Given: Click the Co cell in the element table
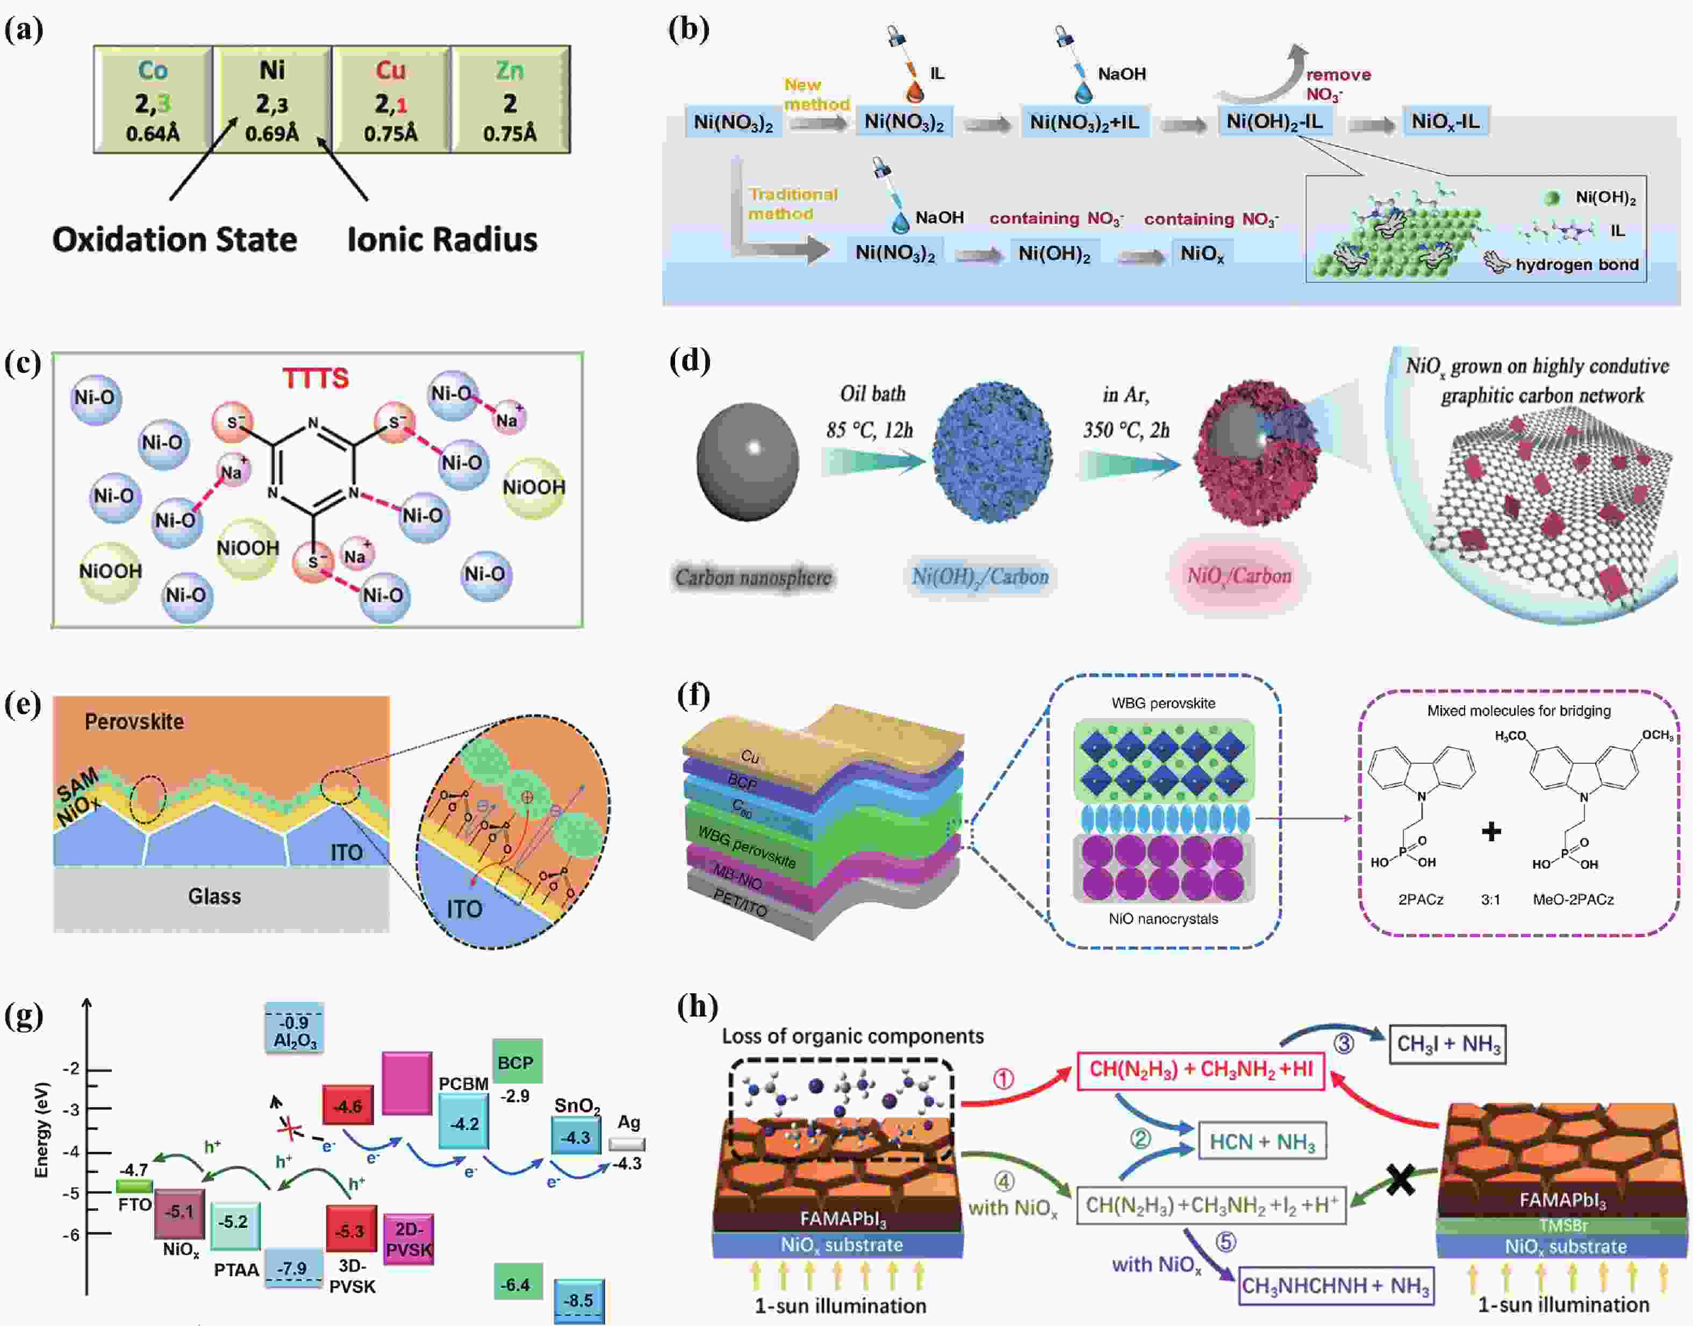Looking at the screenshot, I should [x=153, y=99].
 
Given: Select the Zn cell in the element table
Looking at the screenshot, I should [x=510, y=99].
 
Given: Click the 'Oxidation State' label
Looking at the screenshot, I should [x=175, y=239].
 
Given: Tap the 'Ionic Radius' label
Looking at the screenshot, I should [x=442, y=239].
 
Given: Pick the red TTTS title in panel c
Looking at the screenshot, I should [x=315, y=378].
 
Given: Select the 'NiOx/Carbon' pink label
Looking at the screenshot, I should [x=1239, y=576].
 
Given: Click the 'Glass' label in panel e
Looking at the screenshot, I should [x=214, y=896].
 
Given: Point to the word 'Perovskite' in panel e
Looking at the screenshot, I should [x=134, y=721].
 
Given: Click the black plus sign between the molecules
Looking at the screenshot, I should [x=1490, y=832].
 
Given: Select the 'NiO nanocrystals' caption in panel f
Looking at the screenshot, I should [x=1163, y=919].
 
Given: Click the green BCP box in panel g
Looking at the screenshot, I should [x=516, y=1062].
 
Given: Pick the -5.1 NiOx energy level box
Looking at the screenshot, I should [x=180, y=1212].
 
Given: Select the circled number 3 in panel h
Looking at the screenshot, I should [x=1344, y=1043].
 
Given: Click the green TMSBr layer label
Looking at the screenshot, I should [x=1562, y=1225].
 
